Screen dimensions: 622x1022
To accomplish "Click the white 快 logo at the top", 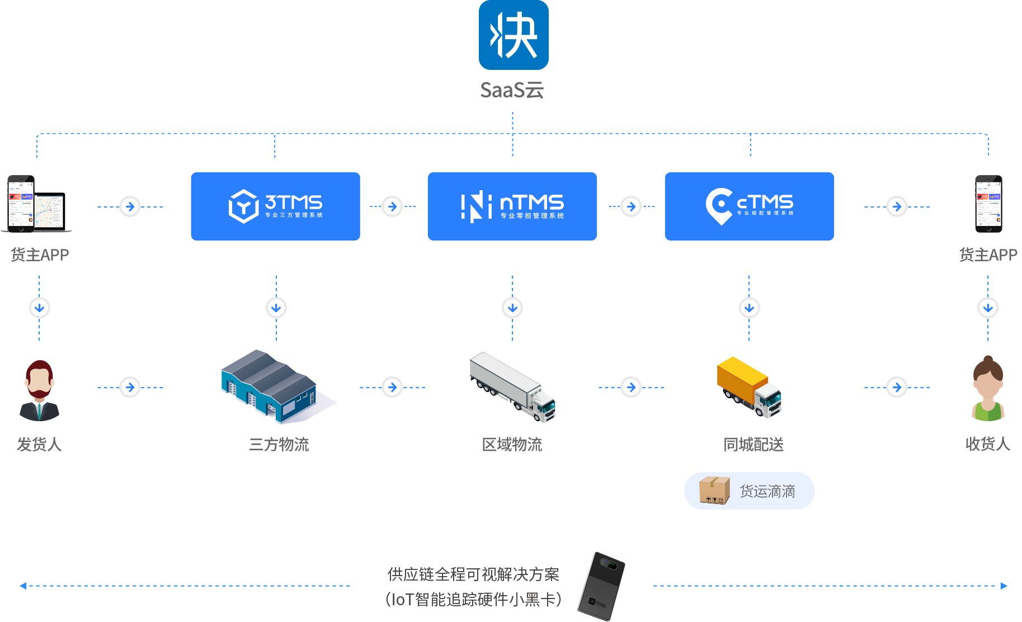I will (514, 35).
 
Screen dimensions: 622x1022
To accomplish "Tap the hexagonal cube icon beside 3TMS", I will (243, 206).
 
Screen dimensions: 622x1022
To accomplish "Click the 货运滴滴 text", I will (767, 492).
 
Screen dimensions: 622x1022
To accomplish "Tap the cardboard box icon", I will (714, 490).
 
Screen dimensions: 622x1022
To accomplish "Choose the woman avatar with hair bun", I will (988, 392).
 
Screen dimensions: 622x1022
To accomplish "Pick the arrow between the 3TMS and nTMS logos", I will (392, 206).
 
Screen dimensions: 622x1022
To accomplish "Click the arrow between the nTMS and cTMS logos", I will (631, 206).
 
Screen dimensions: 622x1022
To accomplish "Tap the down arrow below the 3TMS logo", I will (276, 308).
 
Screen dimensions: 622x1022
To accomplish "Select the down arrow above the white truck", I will (512, 308).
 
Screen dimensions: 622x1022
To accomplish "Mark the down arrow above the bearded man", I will (39, 308).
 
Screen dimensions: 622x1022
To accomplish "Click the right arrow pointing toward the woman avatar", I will (897, 387).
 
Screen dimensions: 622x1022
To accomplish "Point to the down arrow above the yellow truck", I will (749, 308).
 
